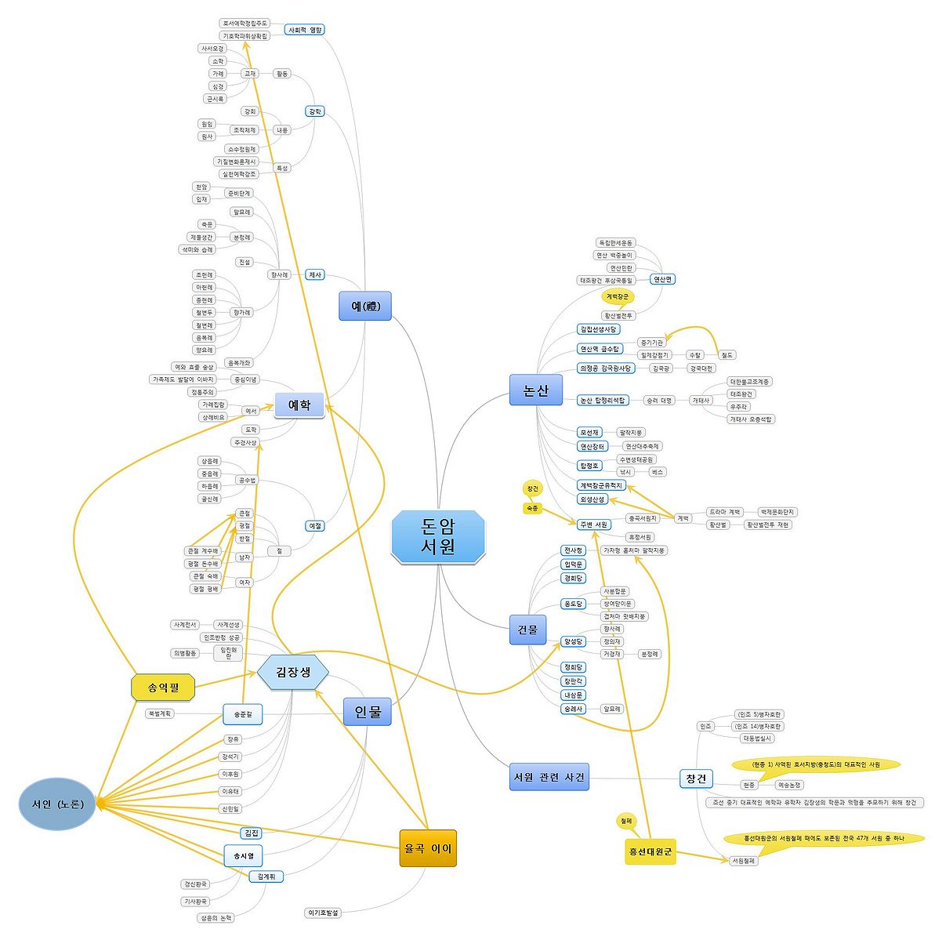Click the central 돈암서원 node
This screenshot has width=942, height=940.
pyautogui.click(x=438, y=536)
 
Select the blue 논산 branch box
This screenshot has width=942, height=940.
pyautogui.click(x=536, y=390)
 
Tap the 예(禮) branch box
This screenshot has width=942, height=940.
pyautogui.click(x=364, y=306)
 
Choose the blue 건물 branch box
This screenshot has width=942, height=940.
pyautogui.click(x=527, y=630)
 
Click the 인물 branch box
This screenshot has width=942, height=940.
pyautogui.click(x=367, y=712)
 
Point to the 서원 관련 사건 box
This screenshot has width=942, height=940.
pyautogui.click(x=548, y=777)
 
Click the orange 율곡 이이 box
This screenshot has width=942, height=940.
pyautogui.click(x=427, y=848)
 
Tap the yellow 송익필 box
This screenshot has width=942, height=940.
pyautogui.click(x=162, y=688)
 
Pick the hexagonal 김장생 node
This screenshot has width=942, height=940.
pyautogui.click(x=293, y=672)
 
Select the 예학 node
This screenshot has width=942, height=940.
pyautogui.click(x=299, y=405)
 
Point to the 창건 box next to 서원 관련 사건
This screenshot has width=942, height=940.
pyautogui.click(x=696, y=778)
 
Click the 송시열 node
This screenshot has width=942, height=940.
pyautogui.click(x=244, y=855)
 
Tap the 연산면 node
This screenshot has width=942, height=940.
pyautogui.click(x=662, y=279)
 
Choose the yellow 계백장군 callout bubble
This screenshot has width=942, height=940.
pyautogui.click(x=618, y=296)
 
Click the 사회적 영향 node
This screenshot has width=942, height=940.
pyautogui.click(x=304, y=30)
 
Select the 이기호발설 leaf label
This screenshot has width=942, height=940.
pyautogui.click(x=323, y=913)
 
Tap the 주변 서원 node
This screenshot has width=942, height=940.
pyautogui.click(x=593, y=524)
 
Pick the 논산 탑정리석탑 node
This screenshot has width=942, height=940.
pyautogui.click(x=603, y=400)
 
